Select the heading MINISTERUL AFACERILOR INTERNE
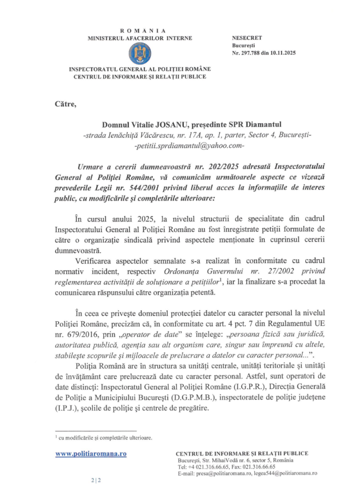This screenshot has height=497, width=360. point(140,38)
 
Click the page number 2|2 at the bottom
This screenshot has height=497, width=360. point(96,480)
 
